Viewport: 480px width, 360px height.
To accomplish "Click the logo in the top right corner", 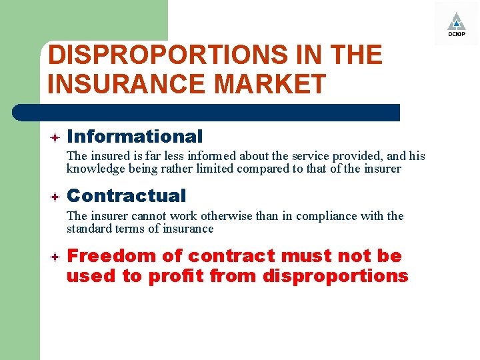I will (456, 23).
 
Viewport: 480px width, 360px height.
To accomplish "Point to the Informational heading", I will (135, 137).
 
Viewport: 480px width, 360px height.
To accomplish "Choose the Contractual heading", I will (127, 196).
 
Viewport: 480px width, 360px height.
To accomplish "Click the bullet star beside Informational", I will (55, 137).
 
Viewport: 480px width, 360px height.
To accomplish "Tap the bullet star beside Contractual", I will (55, 197).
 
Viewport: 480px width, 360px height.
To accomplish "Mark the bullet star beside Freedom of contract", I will (55, 257).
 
